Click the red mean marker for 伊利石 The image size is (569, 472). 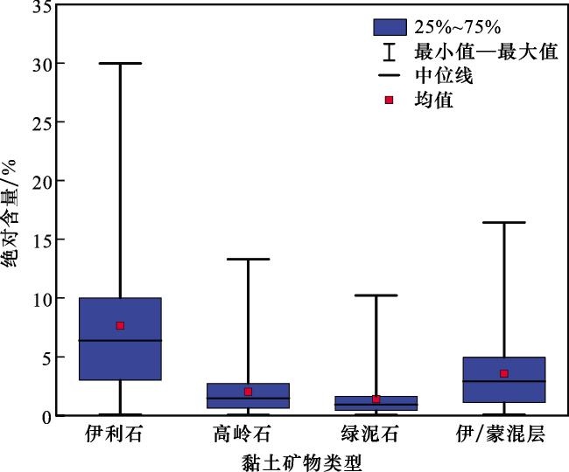pyautogui.click(x=120, y=325)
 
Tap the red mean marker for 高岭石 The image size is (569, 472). pyautogui.click(x=248, y=392)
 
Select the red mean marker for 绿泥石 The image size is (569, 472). pyautogui.click(x=376, y=399)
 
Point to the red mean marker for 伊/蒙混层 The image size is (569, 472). pyautogui.click(x=503, y=373)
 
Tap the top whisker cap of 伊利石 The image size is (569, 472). pyautogui.click(x=120, y=63)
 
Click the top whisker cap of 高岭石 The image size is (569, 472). pyautogui.click(x=248, y=259)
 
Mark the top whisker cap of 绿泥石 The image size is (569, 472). pyautogui.click(x=376, y=295)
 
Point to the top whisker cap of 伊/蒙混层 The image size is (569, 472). pyautogui.click(x=503, y=223)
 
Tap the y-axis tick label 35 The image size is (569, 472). pyautogui.click(x=40, y=7)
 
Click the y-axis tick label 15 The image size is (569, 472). pyautogui.click(x=40, y=239)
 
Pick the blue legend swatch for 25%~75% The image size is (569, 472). pyautogui.click(x=390, y=28)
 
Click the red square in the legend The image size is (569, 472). pyautogui.click(x=390, y=100)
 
